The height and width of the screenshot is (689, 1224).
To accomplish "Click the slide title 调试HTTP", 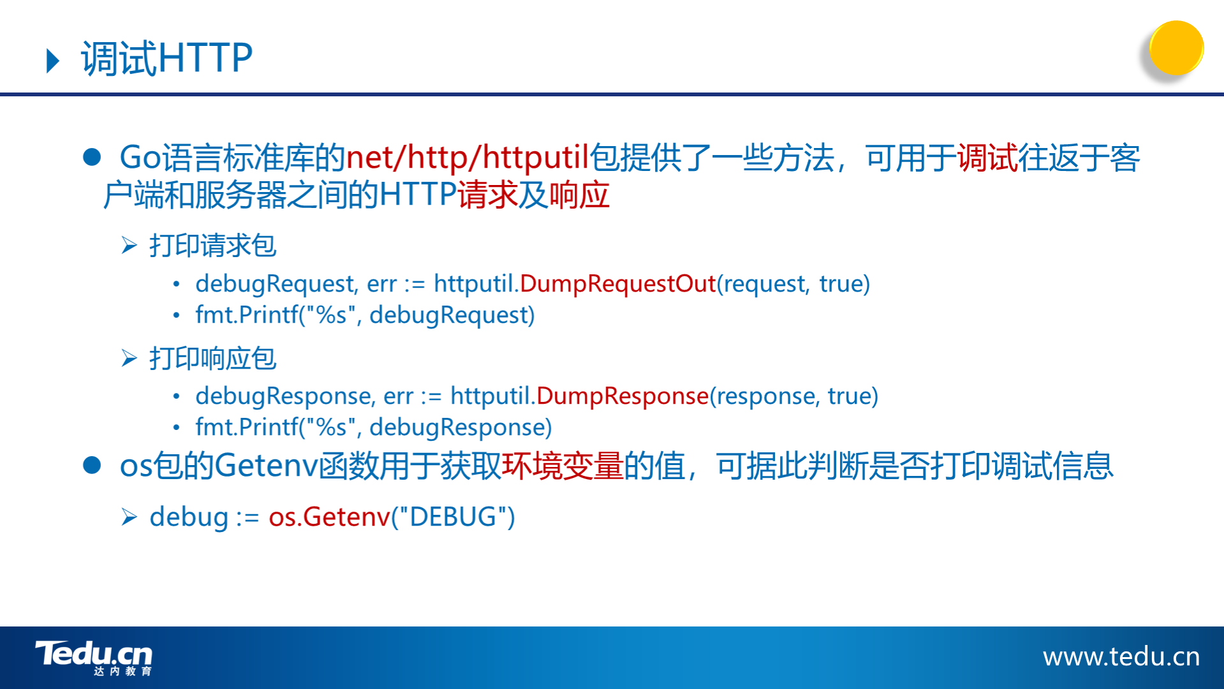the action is [x=166, y=58].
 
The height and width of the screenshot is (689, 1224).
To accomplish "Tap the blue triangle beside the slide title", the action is [x=53, y=61].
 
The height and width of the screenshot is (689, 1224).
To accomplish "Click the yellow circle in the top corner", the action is [x=1176, y=48].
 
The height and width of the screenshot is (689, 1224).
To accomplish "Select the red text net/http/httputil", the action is [x=467, y=157].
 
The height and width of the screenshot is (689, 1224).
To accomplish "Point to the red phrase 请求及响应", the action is [x=534, y=195].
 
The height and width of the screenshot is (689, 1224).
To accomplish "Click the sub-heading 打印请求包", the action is [x=212, y=246].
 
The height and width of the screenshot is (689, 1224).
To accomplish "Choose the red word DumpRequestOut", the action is [x=618, y=283].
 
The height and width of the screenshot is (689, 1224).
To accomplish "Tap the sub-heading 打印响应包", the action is [x=212, y=359].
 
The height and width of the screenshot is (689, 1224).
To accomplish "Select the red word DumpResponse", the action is [x=623, y=396].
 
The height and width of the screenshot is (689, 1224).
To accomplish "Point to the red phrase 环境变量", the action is [x=563, y=466].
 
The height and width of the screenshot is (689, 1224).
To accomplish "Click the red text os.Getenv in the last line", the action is [x=329, y=517].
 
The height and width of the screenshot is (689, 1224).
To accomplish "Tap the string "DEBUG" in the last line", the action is [x=453, y=517].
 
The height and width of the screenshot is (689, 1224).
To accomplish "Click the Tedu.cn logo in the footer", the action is [x=94, y=658].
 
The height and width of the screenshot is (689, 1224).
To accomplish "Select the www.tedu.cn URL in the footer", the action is [x=1121, y=656].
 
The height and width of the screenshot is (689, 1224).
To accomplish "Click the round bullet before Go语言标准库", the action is [x=92, y=158].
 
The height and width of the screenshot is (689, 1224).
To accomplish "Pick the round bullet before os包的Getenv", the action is [x=92, y=465].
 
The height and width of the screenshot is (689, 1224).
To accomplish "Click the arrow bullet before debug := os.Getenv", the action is [x=129, y=517].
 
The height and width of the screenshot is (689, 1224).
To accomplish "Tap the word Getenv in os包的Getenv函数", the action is [x=266, y=466].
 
